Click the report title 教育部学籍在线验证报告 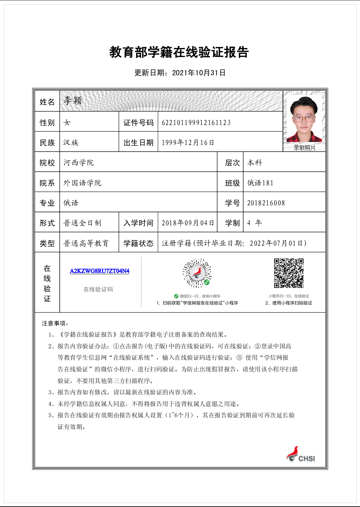(x=179, y=52)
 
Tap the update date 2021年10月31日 (x=199, y=73)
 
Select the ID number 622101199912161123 (x=196, y=123)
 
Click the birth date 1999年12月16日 (x=188, y=143)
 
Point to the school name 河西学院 (x=79, y=163)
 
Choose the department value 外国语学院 (x=82, y=183)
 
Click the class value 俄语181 (x=260, y=183)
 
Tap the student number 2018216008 (x=266, y=203)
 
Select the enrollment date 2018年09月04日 (x=188, y=223)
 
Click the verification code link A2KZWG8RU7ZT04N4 (x=99, y=271)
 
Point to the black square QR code (x=289, y=273)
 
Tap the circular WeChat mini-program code (x=197, y=273)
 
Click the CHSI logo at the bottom (x=301, y=455)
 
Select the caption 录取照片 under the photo (x=304, y=147)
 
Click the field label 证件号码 (x=138, y=123)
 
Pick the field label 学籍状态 (x=138, y=243)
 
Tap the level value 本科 (x=255, y=163)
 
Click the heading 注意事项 (x=55, y=323)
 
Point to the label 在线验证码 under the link (x=98, y=289)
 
